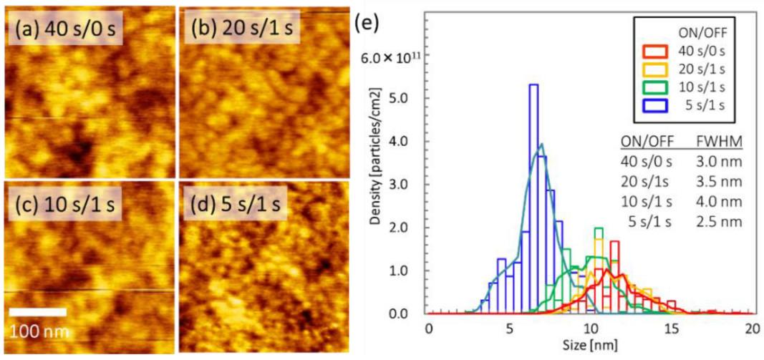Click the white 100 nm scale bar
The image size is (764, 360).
tap(38, 312)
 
